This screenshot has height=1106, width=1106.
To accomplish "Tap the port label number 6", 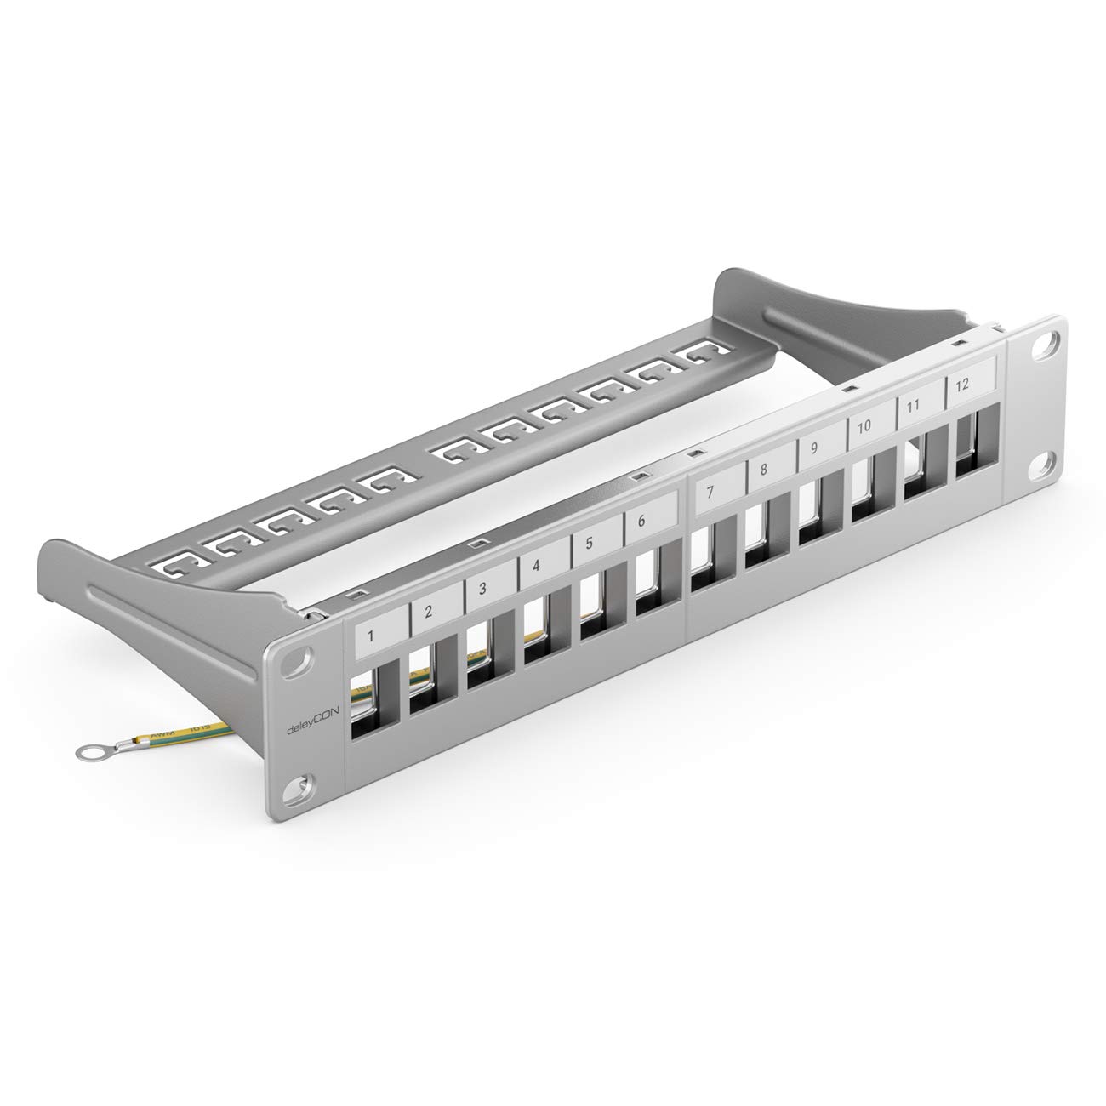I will click(641, 522).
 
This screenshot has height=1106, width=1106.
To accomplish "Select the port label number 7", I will click(710, 493).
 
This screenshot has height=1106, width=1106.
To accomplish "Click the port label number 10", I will click(864, 427).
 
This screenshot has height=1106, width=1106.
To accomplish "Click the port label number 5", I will click(589, 544).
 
